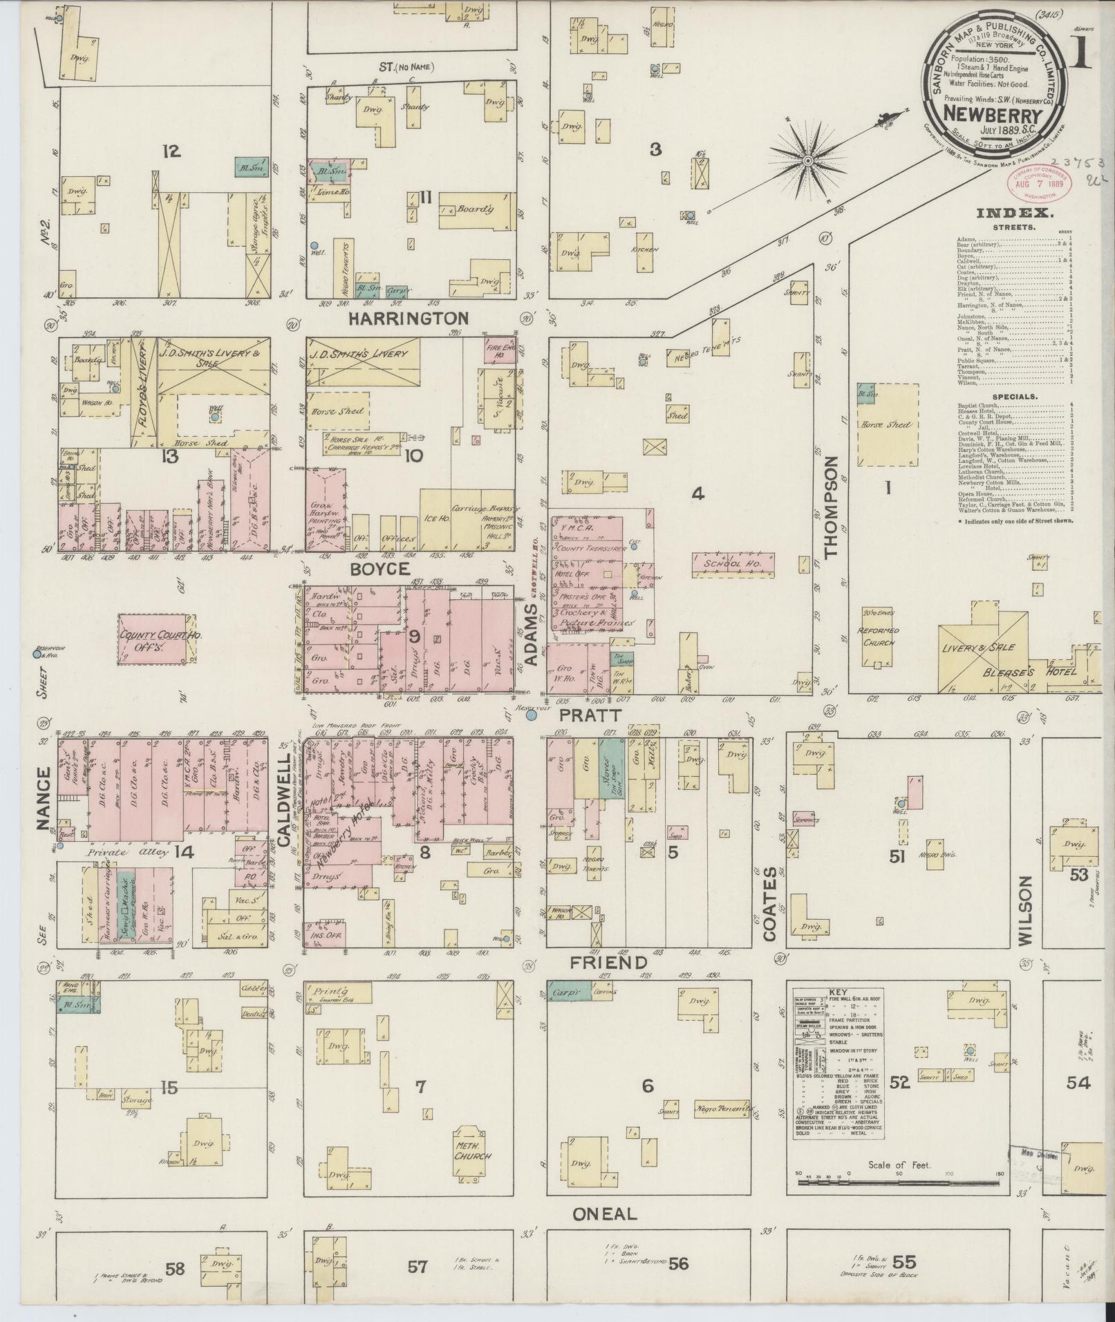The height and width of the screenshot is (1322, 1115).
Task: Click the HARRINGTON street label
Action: pos(408,319)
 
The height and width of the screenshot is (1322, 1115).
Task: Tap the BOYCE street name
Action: pos(381,568)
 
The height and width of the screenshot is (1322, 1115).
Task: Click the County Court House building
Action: pos(151,639)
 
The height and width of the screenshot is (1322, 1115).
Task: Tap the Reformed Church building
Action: pos(877,636)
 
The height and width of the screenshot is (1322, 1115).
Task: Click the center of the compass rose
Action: pos(807,161)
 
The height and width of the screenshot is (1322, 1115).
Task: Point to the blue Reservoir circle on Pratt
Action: pos(531,716)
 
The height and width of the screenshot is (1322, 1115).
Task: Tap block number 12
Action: pos(171,151)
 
